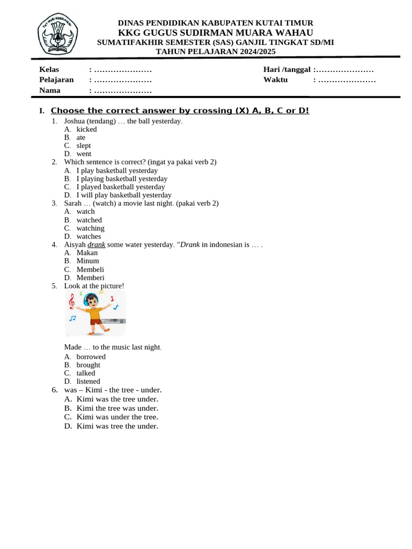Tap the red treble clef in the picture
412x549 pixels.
point(71,302)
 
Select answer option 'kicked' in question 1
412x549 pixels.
point(86,129)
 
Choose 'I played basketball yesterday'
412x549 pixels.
point(120,187)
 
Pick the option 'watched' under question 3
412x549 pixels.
point(89,220)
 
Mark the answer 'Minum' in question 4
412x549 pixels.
point(87,261)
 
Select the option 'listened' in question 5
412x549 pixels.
point(88,382)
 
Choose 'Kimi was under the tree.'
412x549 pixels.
point(117,417)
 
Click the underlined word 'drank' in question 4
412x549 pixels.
point(97,244)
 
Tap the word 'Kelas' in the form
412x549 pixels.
point(49,70)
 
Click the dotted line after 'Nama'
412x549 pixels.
point(123,91)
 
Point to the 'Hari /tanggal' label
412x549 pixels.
point(287,70)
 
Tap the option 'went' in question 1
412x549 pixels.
point(84,154)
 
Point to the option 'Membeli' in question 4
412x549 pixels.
point(90,270)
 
